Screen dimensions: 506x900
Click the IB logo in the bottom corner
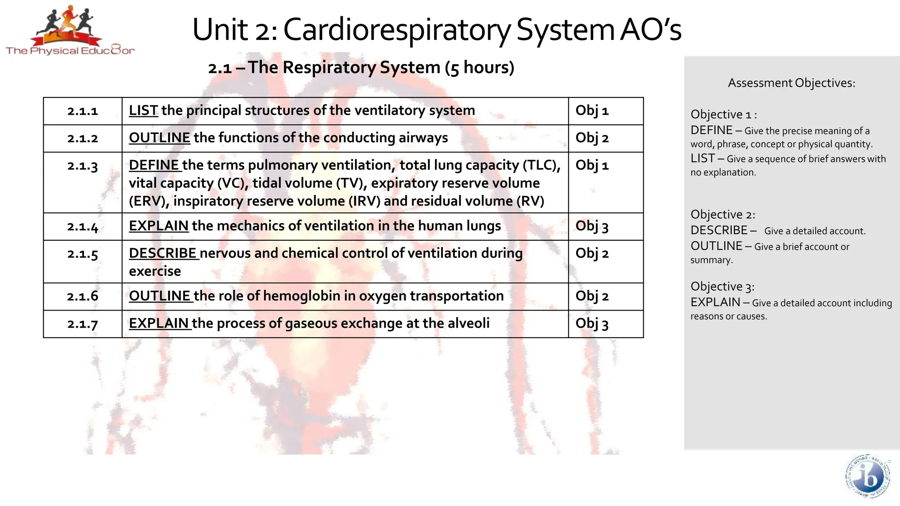pos(867,477)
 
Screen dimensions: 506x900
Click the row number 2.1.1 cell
pos(83,111)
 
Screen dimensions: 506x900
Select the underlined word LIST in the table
pos(143,110)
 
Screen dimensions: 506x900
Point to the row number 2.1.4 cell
pos(83,227)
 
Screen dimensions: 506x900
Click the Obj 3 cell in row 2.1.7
pos(592,324)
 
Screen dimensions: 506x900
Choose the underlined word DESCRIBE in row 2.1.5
pos(163,253)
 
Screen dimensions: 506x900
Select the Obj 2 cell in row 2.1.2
pos(592,138)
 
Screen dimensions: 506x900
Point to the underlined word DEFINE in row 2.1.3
pos(154,165)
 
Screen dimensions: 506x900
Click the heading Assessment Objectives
pos(791,83)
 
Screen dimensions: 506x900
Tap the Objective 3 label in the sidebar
pos(722,287)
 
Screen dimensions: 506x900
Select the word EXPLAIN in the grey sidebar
pos(715,302)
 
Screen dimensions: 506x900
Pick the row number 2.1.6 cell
pos(83,296)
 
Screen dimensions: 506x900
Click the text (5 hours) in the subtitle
pos(479,68)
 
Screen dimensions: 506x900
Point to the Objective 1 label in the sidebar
pos(723,115)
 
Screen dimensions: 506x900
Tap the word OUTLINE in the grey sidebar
pos(716,246)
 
